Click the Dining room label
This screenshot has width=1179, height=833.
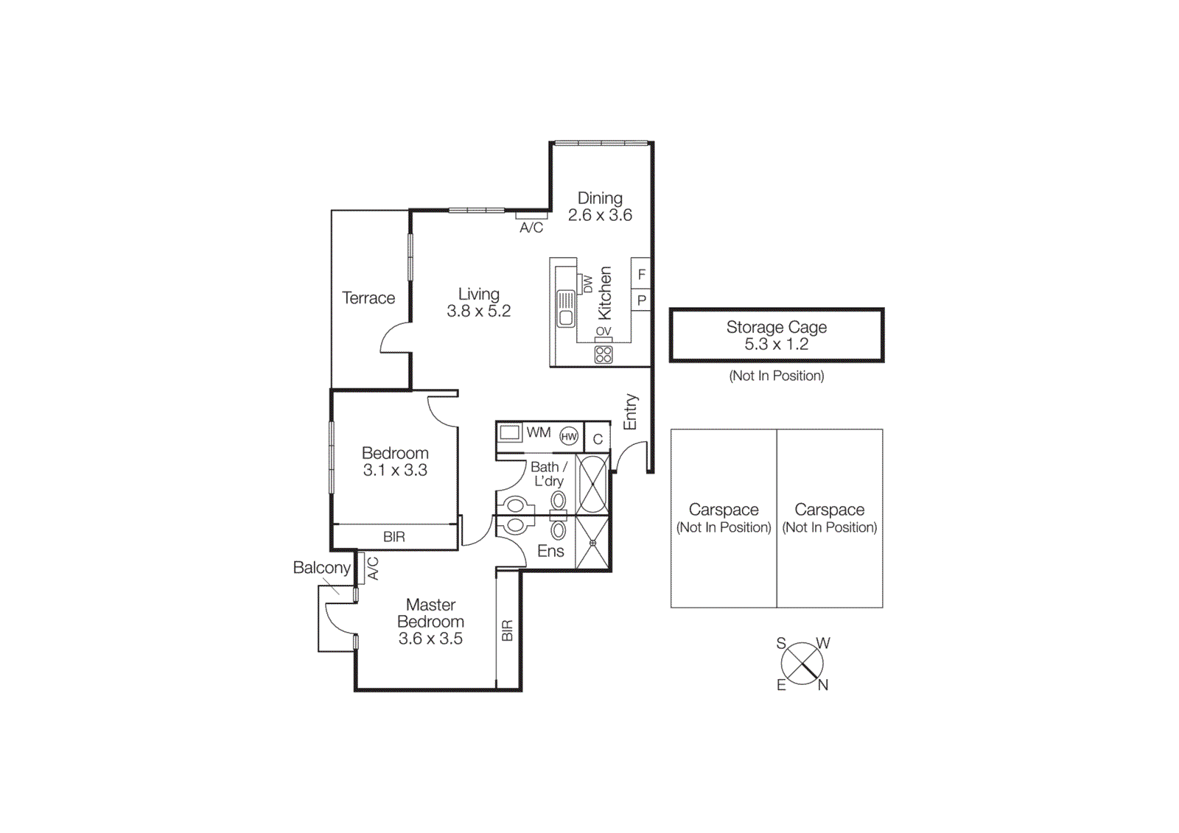[600, 198]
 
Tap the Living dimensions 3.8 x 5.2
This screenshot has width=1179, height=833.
[478, 311]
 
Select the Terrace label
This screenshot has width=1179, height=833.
[368, 298]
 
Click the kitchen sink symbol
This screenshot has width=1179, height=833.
[566, 309]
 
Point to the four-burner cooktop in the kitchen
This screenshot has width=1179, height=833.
[604, 355]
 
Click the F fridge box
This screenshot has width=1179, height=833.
[641, 275]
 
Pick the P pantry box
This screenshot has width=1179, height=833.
[641, 300]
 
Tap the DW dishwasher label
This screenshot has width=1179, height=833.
[587, 284]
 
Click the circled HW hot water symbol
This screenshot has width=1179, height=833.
[569, 437]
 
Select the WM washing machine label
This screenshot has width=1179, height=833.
[538, 433]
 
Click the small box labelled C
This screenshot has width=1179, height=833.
[598, 439]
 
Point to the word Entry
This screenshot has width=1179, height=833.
[630, 412]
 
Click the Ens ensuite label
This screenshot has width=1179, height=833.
[550, 551]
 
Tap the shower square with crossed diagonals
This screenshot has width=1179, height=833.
[592, 544]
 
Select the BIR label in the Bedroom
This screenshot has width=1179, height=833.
[394, 537]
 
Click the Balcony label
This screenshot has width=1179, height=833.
[321, 568]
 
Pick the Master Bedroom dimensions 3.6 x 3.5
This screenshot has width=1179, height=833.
[430, 639]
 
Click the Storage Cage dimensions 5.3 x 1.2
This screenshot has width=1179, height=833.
[776, 344]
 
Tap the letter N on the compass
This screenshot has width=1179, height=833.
[823, 685]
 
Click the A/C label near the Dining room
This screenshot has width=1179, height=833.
[531, 228]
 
